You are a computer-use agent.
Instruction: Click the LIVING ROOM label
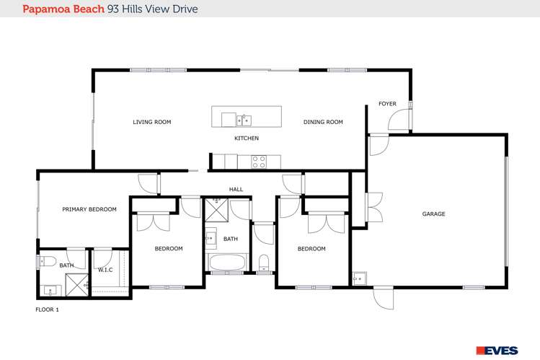151,122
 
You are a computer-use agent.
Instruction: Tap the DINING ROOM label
322,122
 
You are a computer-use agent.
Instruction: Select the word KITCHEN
246,138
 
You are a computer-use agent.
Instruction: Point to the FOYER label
387,104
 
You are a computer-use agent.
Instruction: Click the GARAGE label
433,214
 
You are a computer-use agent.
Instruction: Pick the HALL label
236,189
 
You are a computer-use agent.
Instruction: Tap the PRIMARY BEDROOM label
89,209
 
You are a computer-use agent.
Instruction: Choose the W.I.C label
107,270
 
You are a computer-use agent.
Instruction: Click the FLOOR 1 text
47,309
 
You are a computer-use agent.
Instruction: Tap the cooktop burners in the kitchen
259,162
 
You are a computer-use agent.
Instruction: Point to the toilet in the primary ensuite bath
48,261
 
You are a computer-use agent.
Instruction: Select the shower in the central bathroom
215,210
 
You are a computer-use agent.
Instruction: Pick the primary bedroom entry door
148,185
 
